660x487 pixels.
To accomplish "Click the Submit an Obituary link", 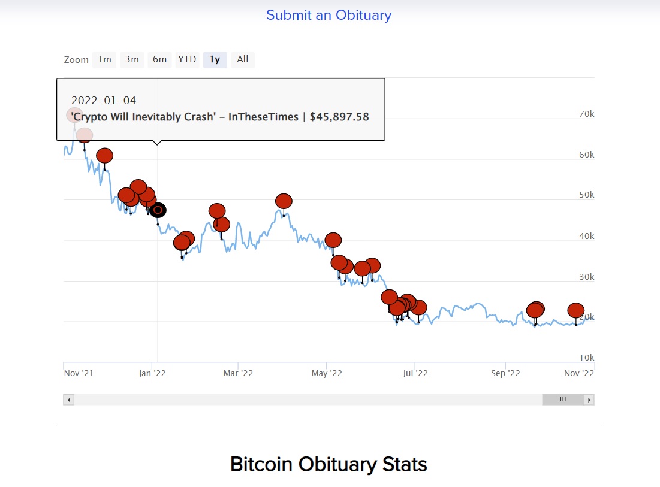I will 329,15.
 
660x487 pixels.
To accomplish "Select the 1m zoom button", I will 104,59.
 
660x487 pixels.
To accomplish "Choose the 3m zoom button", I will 132,59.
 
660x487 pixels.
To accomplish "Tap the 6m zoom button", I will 159,59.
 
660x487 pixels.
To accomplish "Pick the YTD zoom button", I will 187,59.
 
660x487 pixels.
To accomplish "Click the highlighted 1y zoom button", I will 215,59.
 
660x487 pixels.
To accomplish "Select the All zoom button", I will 242,59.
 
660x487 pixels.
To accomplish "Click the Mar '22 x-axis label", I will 238,373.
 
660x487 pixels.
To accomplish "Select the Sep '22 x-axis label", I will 505,373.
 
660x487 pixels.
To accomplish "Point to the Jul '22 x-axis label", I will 415,373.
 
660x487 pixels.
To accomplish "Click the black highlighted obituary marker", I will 158,210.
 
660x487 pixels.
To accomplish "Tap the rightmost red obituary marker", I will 575,310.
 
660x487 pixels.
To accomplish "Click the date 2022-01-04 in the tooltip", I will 104,101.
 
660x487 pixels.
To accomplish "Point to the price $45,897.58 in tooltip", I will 339,117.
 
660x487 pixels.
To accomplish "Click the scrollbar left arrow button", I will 69,400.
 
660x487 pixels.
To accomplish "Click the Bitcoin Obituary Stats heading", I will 329,464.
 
